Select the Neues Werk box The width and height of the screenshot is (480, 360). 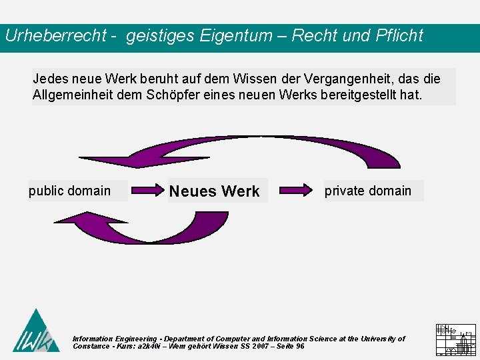[x=214, y=191]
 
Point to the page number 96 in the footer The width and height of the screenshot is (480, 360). [x=301, y=347]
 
